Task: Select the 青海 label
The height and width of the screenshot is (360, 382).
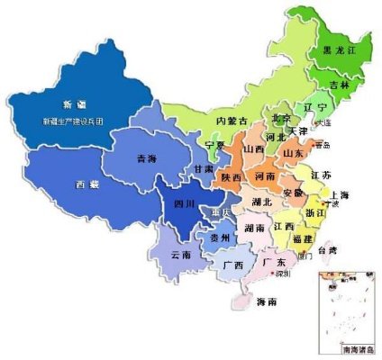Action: click(x=146, y=158)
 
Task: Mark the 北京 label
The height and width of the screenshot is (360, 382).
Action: click(x=281, y=119)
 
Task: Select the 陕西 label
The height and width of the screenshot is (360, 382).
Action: click(x=231, y=178)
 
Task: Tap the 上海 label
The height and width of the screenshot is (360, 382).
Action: click(x=339, y=195)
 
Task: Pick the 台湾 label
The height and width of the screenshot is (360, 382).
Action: click(x=332, y=247)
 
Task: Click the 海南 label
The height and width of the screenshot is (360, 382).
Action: click(x=266, y=301)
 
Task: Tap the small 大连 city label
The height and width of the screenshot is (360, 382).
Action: click(x=323, y=122)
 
